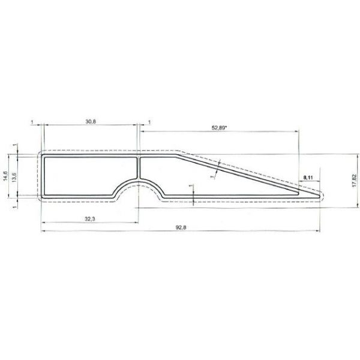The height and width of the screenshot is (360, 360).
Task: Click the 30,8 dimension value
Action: pos(91,122)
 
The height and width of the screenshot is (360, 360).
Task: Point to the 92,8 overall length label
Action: pos(179,229)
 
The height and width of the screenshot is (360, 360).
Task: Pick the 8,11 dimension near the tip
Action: pos(308,178)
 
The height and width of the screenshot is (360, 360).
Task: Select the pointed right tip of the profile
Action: pos(322,194)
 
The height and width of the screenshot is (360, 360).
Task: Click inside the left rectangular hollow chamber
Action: pos(90,176)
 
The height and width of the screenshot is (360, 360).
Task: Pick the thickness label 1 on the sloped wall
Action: pos(212,177)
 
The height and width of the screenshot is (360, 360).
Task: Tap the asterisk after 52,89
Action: pos(233,127)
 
